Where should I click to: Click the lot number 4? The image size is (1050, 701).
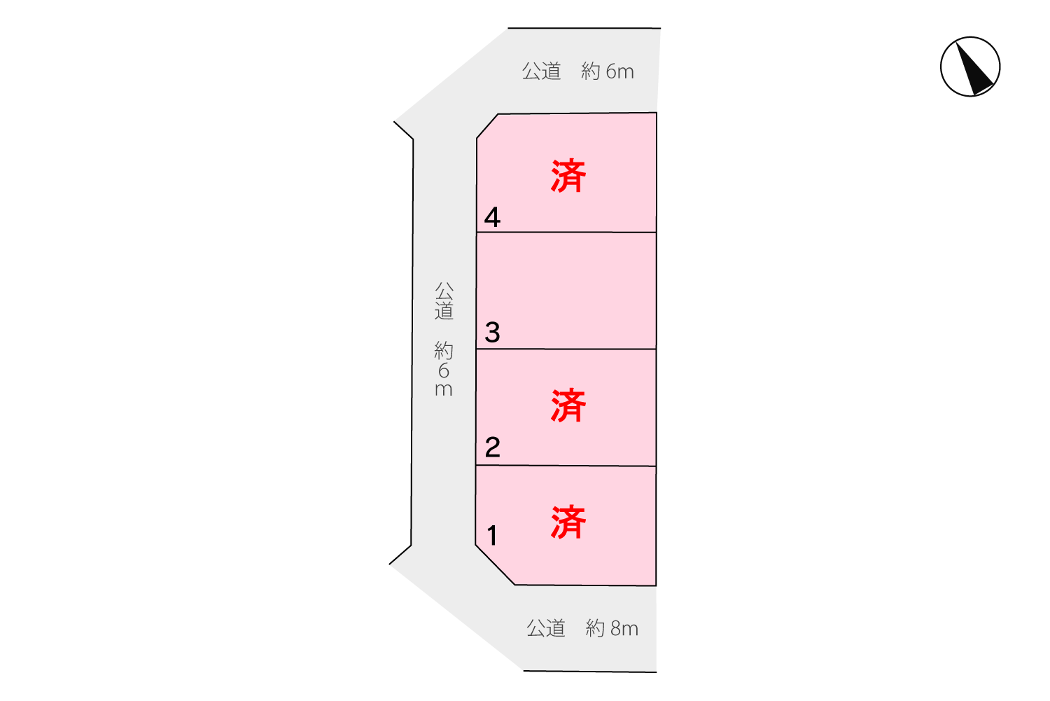(x=492, y=217)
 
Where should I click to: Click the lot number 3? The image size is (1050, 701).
(x=492, y=332)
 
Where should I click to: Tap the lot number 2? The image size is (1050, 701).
(x=492, y=447)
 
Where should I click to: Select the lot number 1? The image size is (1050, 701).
(x=492, y=536)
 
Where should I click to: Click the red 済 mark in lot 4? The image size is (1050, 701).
(x=568, y=176)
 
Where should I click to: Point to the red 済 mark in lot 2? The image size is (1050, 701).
(x=568, y=405)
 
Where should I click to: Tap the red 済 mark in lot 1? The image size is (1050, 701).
(x=568, y=522)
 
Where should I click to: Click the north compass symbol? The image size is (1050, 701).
(x=969, y=67)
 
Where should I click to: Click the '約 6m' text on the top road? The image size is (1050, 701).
(x=608, y=71)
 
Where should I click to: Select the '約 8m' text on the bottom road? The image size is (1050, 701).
(x=612, y=628)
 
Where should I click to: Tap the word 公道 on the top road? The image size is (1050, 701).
(x=541, y=71)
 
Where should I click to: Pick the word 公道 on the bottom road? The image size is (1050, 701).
(x=545, y=628)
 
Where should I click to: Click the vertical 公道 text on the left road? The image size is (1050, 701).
(x=444, y=300)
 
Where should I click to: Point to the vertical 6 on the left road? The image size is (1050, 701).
(x=444, y=371)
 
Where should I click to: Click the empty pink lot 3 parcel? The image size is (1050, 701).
(x=566, y=291)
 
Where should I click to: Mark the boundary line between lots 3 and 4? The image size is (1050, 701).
(x=566, y=232)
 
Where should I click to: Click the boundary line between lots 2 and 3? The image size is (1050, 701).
(x=566, y=349)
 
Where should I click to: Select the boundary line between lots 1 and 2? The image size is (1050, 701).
(x=566, y=466)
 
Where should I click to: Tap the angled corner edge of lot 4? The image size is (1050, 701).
(x=487, y=126)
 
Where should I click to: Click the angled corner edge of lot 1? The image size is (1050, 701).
(x=495, y=565)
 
